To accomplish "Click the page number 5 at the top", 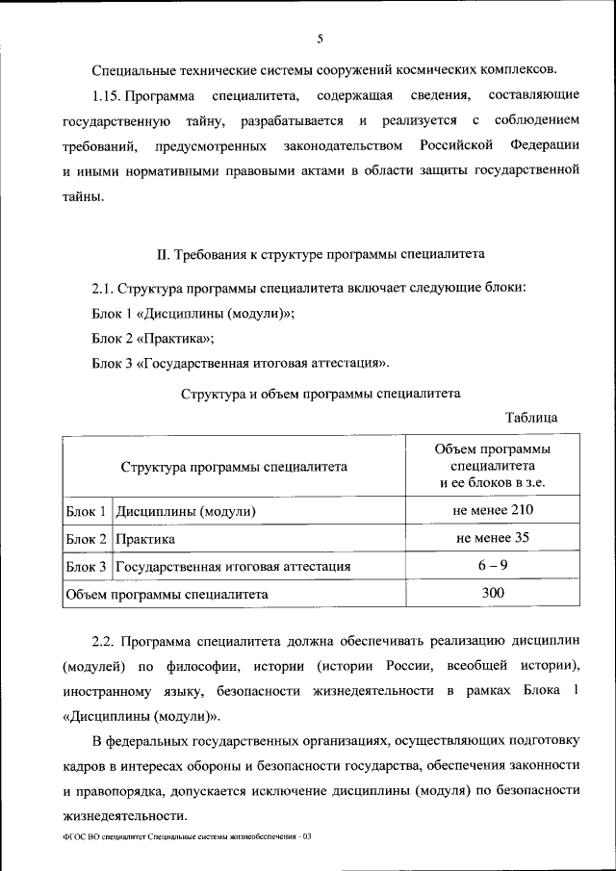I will [320, 38].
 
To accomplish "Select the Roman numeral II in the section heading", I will [163, 255].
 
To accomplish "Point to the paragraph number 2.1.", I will [104, 288].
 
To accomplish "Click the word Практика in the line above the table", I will [176, 338].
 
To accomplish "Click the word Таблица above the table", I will [530, 418].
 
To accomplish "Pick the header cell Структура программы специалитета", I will [234, 467].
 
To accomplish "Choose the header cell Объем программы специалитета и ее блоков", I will [492, 466].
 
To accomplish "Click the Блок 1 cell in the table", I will [87, 510].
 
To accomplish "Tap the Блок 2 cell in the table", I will [87, 539].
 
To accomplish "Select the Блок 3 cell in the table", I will [87, 567].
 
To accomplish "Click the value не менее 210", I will [493, 509].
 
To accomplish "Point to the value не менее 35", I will [493, 537].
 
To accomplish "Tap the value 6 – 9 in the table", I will [493, 566].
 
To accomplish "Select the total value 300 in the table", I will [493, 594].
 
